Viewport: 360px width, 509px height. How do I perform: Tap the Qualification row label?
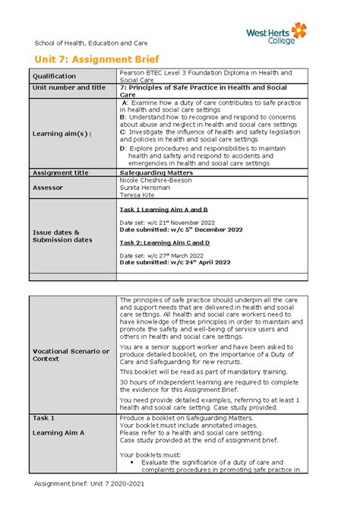(x=54, y=76)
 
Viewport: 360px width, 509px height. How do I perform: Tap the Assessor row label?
(x=48, y=186)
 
